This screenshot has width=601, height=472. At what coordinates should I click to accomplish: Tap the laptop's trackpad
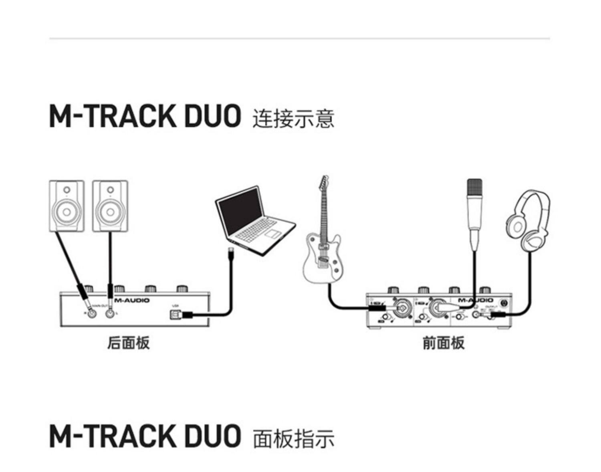[x=272, y=234]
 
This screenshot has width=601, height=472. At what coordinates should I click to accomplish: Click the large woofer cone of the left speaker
[x=67, y=211]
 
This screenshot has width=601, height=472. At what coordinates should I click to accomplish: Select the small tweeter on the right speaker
[x=110, y=190]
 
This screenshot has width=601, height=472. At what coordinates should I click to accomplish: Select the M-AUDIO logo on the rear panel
[x=132, y=300]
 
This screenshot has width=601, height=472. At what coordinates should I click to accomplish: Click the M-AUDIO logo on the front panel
[x=476, y=301]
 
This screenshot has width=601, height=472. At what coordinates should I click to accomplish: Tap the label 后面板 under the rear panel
[x=128, y=343]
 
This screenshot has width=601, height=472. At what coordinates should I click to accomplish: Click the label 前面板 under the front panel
[x=444, y=343]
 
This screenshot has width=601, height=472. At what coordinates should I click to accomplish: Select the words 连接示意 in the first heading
[x=293, y=119]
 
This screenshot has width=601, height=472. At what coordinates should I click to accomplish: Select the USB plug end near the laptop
[x=230, y=253]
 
